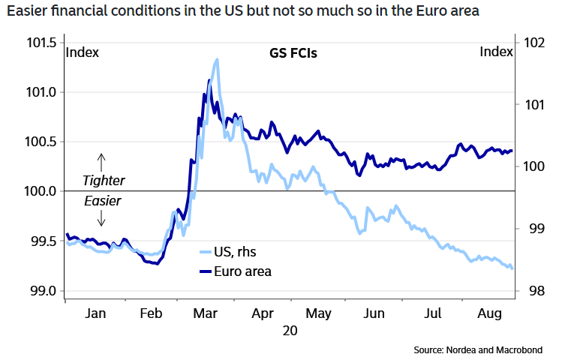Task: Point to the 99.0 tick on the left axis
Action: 41,291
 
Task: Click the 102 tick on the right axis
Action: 533,43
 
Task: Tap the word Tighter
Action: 103,181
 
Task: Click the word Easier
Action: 103,201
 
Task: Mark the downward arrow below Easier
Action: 102,217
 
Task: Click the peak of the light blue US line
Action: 217,59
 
